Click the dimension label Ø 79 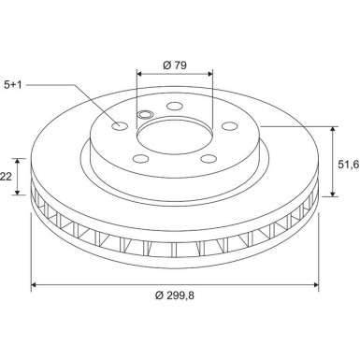[x=175, y=65]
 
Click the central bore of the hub [x=175, y=140]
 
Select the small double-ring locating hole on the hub [x=144, y=116]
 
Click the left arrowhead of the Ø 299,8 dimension [x=36, y=284]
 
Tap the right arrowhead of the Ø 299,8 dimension [x=316, y=284]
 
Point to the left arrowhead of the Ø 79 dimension [x=140, y=75]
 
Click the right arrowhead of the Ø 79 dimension [x=209, y=75]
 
